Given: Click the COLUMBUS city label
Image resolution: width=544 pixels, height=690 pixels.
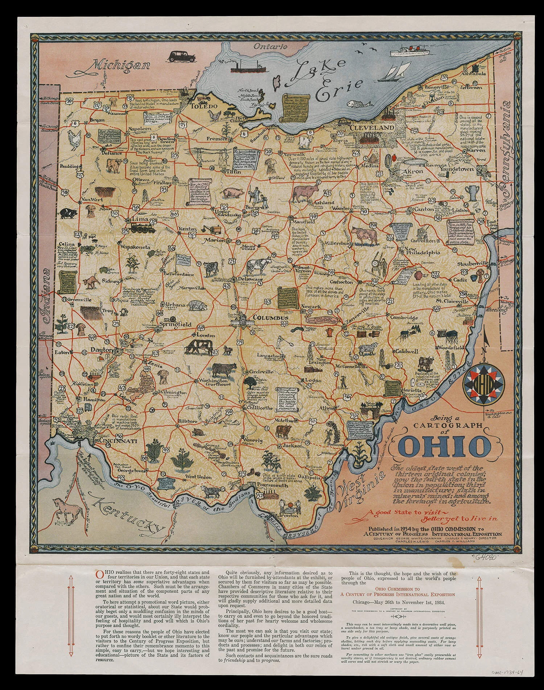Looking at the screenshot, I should pyautogui.click(x=270, y=318).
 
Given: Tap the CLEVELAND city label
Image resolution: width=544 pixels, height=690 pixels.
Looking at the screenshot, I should pyautogui.click(x=372, y=128).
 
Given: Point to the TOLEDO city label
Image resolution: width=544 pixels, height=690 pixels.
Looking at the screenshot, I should pyautogui.click(x=204, y=106).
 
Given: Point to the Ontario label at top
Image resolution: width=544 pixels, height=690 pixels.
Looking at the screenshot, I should pyautogui.click(x=270, y=46).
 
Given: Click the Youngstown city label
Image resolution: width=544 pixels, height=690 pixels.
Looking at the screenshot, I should pyautogui.click(x=457, y=169).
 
